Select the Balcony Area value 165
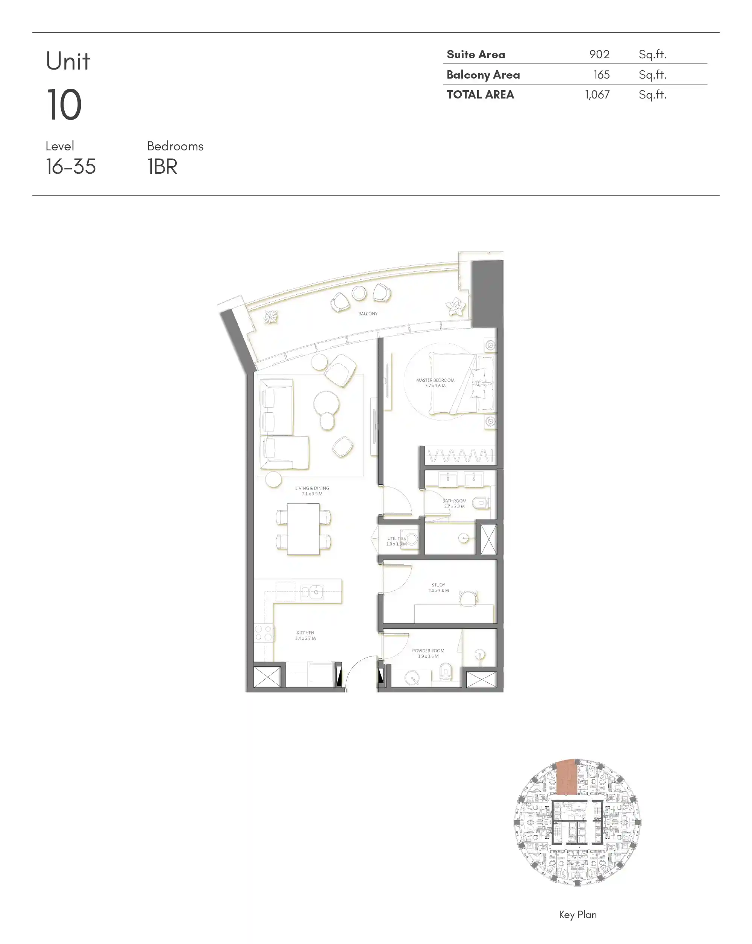click(601, 74)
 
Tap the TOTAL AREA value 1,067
click(597, 95)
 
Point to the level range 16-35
click(71, 167)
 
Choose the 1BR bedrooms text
click(162, 167)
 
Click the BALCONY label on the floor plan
click(367, 314)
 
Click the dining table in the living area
click(303, 529)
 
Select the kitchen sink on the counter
click(311, 592)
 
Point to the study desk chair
click(468, 598)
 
